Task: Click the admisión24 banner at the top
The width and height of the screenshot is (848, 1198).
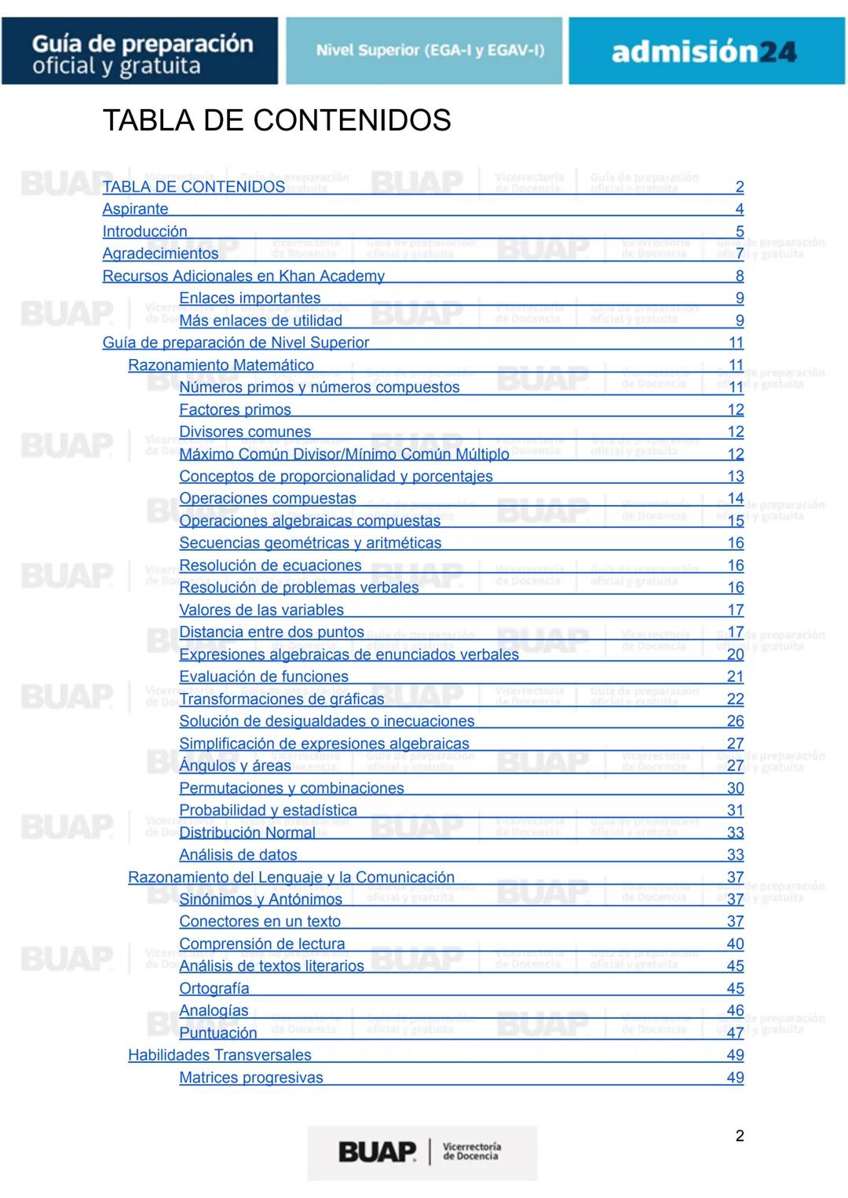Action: [706, 51]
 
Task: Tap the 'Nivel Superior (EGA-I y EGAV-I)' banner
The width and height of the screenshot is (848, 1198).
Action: [424, 51]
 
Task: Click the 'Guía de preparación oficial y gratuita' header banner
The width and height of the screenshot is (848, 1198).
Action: [140, 51]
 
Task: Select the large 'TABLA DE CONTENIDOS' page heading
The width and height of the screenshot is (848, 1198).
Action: [276, 120]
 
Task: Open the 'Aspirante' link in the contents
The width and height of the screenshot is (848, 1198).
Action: [135, 209]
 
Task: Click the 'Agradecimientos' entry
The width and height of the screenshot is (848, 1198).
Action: [160, 254]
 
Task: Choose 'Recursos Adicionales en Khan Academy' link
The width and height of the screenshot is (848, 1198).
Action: [243, 276]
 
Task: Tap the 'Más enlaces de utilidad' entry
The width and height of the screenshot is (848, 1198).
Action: [261, 321]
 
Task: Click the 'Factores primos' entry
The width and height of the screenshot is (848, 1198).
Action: [235, 409]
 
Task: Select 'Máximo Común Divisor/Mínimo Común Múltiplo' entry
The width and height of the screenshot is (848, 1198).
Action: [344, 454]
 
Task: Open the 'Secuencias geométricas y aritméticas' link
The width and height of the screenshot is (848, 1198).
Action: [310, 543]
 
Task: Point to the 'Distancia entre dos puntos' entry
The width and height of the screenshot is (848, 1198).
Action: [272, 632]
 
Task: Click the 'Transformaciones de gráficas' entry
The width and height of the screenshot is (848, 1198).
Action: [282, 698]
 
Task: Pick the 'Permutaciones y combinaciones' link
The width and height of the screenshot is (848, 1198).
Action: [291, 788]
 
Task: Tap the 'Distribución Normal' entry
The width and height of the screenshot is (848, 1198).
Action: [247, 833]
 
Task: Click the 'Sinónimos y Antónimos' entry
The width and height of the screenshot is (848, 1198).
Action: [261, 899]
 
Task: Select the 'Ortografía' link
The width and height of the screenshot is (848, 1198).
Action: [214, 988]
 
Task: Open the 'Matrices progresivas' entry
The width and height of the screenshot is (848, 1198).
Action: [251, 1078]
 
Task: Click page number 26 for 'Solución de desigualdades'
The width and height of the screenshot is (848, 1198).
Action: [735, 721]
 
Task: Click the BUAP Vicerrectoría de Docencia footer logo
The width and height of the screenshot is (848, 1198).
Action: [422, 1152]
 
